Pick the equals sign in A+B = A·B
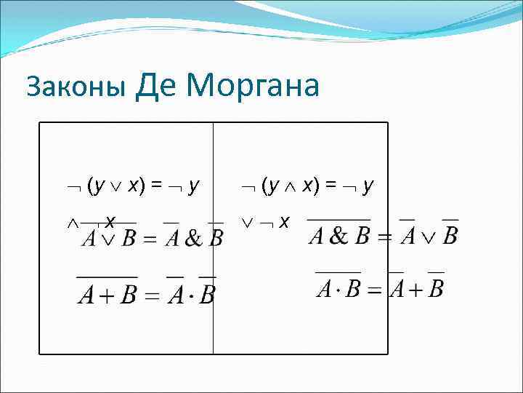click(153, 296)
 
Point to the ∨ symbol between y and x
click(116, 186)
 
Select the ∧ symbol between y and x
click(291, 186)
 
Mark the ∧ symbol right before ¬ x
click(72, 221)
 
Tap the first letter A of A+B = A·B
click(86, 296)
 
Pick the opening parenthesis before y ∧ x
click(264, 186)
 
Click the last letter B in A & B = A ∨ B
click(450, 237)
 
